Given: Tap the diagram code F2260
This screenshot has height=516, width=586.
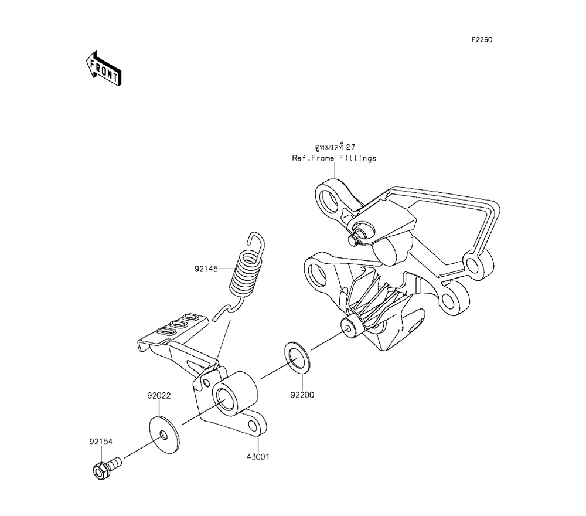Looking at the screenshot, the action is (x=481, y=40).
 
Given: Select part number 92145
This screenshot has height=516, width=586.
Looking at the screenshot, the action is (x=206, y=269).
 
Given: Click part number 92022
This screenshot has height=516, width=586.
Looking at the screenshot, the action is (x=159, y=395).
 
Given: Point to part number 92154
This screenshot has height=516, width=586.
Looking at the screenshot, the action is (x=101, y=442).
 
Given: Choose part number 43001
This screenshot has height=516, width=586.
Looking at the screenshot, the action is (x=257, y=457).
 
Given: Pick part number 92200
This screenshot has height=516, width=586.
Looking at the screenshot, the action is (x=302, y=394).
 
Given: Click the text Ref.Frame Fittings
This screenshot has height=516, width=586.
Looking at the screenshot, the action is (x=334, y=158).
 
